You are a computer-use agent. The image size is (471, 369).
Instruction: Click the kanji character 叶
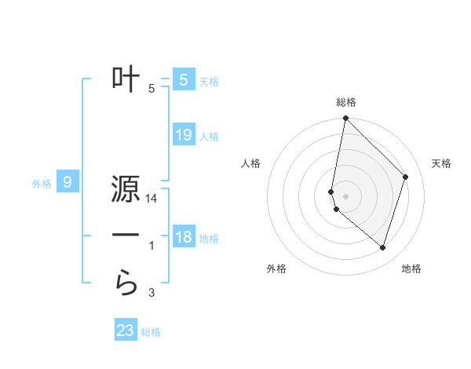pyautogui.click(x=126, y=79)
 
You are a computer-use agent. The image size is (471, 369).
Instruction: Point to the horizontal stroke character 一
pyautogui.click(x=126, y=236)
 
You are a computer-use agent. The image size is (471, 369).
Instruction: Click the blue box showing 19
pyautogui.click(x=183, y=135)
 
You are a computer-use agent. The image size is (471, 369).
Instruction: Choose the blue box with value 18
pyautogui.click(x=183, y=237)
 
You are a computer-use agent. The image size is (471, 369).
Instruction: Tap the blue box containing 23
pyautogui.click(x=126, y=331)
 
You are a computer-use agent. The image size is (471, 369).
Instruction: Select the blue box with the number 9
pyautogui.click(x=68, y=183)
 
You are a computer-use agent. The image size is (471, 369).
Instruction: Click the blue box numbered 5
pyautogui.click(x=183, y=79)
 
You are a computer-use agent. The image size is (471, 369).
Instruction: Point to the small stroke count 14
pyautogui.click(x=152, y=199)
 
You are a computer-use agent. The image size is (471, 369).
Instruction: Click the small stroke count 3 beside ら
pyautogui.click(x=152, y=293)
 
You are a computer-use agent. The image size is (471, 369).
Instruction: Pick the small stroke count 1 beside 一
pyautogui.click(x=152, y=246)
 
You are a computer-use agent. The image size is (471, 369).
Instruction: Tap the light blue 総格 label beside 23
pyautogui.click(x=151, y=332)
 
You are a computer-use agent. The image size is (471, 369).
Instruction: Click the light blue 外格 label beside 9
pyautogui.click(x=42, y=184)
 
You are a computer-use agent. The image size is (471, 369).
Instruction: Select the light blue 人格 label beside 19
pyautogui.click(x=209, y=137)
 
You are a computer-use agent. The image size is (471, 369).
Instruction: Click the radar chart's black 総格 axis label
pyautogui.click(x=346, y=102)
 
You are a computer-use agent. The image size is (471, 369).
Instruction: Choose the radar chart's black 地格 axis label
pyautogui.click(x=411, y=269)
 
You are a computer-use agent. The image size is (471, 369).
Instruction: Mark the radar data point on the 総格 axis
pyautogui.click(x=345, y=119)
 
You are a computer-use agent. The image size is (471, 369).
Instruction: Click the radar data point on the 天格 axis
pyautogui.click(x=405, y=177)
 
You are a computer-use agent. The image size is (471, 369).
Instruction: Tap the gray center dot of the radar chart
pyautogui.click(x=345, y=195)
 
